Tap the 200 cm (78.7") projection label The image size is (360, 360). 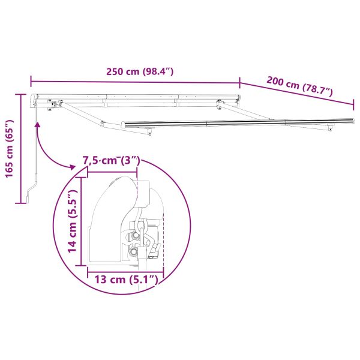pyautogui.click(x=299, y=87)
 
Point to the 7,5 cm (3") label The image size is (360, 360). pyautogui.click(x=111, y=160)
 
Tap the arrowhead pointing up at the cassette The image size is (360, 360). pyautogui.click(x=37, y=125)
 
